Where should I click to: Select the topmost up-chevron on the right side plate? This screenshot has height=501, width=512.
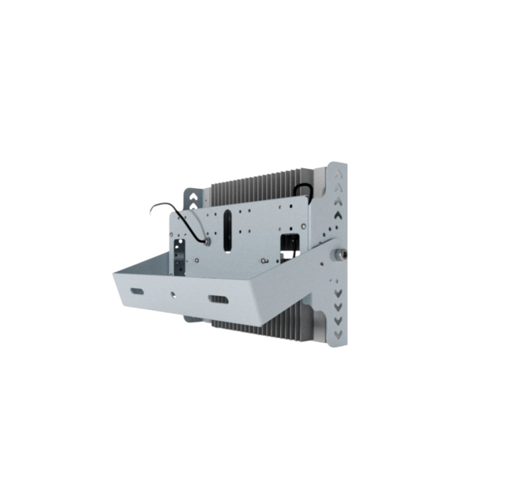click(339, 172)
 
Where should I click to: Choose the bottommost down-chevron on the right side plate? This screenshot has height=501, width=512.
click(339, 334)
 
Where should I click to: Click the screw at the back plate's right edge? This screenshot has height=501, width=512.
click(304, 226)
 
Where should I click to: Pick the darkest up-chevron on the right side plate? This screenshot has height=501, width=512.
click(339, 214)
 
